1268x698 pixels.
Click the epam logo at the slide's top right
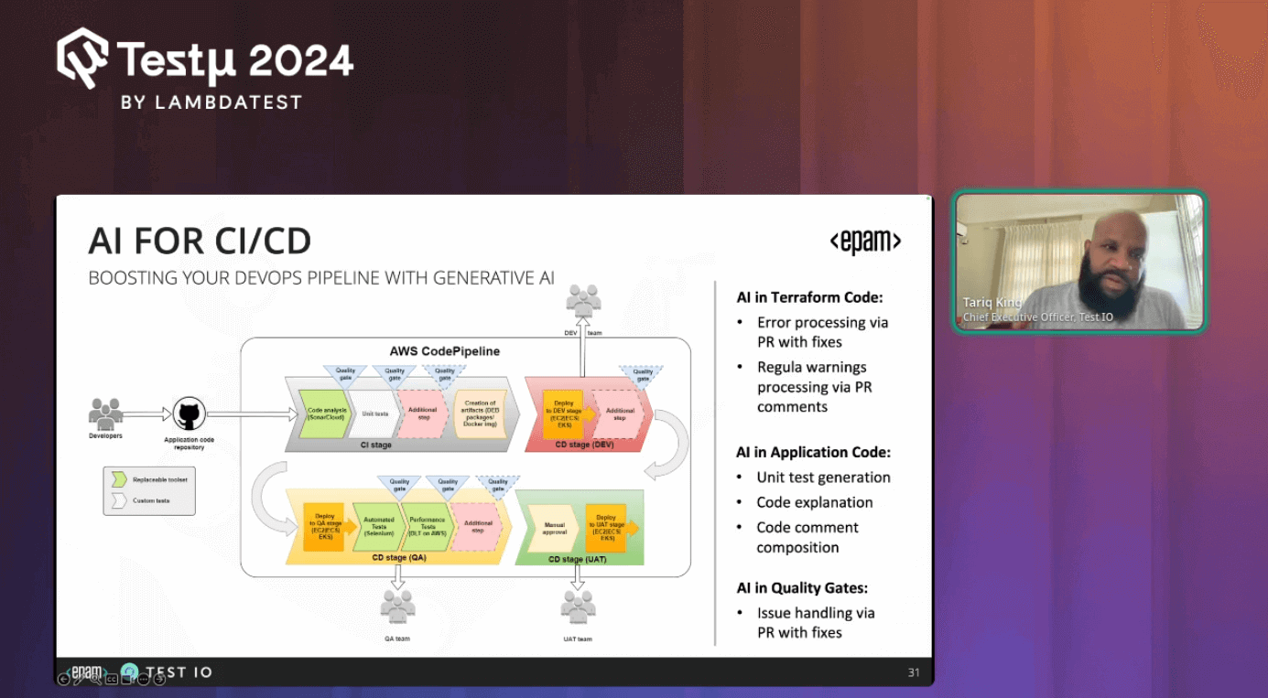pyautogui.click(x=865, y=242)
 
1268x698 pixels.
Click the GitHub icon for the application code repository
pyautogui.click(x=190, y=414)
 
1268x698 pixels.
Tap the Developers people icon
pyautogui.click(x=105, y=413)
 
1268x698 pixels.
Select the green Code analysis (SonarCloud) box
pyautogui.click(x=324, y=414)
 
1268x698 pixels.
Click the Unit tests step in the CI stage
pyautogui.click(x=375, y=414)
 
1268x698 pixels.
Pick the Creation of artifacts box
pyautogui.click(x=480, y=413)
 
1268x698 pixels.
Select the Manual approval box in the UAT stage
pyautogui.click(x=554, y=528)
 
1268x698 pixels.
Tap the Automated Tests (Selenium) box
pyautogui.click(x=377, y=528)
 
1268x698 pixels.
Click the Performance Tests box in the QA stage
pyautogui.click(x=427, y=528)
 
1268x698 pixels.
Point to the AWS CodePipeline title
pyautogui.click(x=445, y=351)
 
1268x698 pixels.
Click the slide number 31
pyautogui.click(x=914, y=672)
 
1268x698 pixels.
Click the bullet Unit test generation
pyautogui.click(x=823, y=478)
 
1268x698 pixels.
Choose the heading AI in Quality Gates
pyautogui.click(x=802, y=588)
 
